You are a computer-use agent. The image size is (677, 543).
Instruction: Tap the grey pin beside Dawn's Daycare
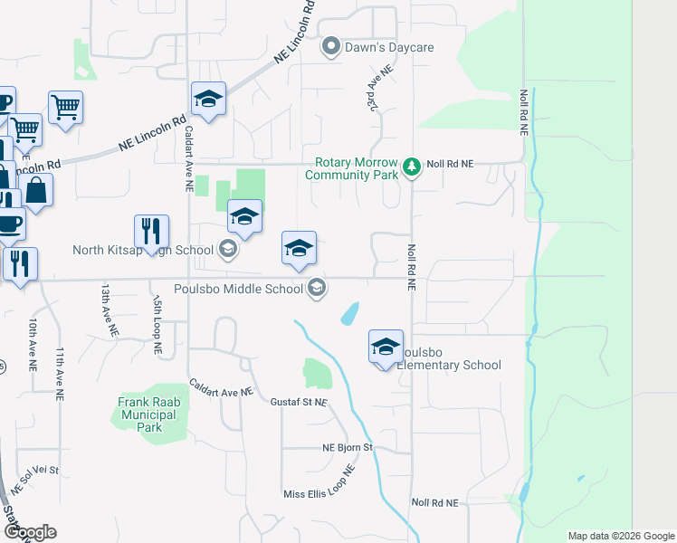point(332,47)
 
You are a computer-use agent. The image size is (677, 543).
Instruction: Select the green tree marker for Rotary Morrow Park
point(412,167)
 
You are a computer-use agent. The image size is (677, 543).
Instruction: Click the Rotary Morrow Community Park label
point(355,169)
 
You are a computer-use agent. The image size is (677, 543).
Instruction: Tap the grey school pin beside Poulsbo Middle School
point(317,290)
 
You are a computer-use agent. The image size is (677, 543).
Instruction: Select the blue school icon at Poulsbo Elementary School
point(386,347)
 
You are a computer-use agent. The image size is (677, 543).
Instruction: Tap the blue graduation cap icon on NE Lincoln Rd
point(208,100)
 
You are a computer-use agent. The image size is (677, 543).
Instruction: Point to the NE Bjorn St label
point(348,448)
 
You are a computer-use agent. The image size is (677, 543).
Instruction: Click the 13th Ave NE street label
point(106,307)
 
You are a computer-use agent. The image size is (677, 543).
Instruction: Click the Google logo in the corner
point(30,533)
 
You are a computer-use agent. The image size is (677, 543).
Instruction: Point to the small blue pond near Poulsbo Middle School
point(348,314)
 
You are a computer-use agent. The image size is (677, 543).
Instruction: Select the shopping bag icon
point(36,190)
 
